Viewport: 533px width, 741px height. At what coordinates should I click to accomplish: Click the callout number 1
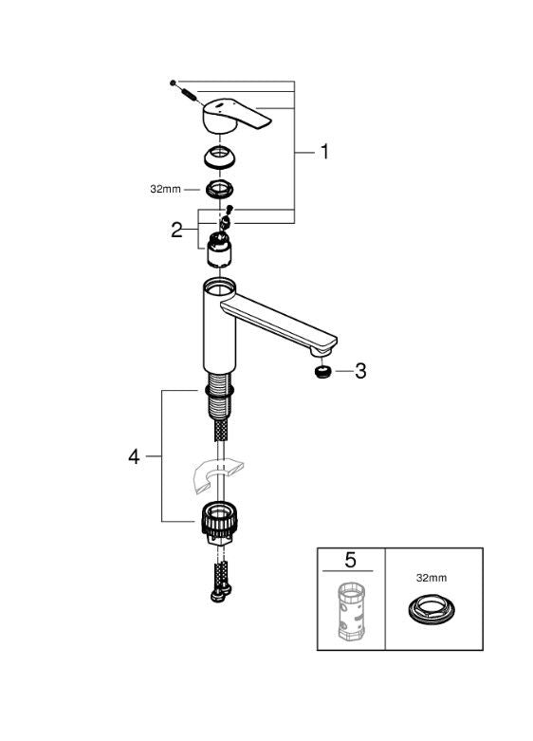[x=323, y=152]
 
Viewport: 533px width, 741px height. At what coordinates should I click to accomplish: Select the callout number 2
[x=177, y=229]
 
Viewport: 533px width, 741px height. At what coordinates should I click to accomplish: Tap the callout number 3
[x=359, y=371]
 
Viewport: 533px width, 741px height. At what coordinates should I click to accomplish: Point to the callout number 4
[x=134, y=456]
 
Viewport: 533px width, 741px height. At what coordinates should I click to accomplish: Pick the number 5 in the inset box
[x=350, y=561]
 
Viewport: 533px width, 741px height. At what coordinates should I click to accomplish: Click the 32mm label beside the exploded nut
[x=165, y=189]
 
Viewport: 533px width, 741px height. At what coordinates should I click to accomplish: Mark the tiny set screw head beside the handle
[x=173, y=83]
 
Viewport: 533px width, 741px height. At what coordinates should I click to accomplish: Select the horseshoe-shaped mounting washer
[x=213, y=475]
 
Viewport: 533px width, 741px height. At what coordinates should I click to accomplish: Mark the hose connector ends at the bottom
[x=219, y=583]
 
